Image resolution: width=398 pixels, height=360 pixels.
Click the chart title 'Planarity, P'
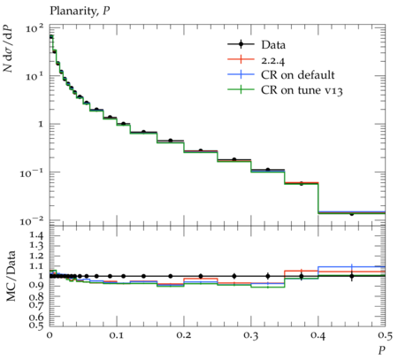[x=80, y=11]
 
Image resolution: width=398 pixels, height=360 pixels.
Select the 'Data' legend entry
[x=256, y=45]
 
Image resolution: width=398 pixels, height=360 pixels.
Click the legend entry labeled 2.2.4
[x=256, y=60]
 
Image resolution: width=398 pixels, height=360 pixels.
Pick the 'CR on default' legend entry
[x=281, y=75]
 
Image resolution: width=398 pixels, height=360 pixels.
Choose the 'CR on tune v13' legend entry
[x=285, y=90]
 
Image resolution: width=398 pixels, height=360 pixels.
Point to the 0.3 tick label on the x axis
[x=251, y=335]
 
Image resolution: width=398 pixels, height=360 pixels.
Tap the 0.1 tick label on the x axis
[x=117, y=335]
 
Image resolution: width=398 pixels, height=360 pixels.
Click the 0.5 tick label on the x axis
[x=385, y=335]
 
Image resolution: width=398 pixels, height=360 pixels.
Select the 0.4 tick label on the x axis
[x=318, y=335]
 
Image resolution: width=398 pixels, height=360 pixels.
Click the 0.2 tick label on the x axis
[x=184, y=335]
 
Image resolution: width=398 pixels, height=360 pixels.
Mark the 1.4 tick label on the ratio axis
[x=36, y=235]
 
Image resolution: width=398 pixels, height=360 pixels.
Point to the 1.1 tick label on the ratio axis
[x=36, y=266]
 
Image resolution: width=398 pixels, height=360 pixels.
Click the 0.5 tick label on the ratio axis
[x=36, y=325]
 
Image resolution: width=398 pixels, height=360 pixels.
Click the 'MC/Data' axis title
[x=11, y=276]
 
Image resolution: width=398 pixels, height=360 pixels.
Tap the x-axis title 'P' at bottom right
[x=382, y=350]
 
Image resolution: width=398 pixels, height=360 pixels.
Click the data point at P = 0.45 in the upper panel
[x=352, y=214]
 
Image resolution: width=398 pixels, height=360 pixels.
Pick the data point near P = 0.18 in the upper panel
[x=171, y=141]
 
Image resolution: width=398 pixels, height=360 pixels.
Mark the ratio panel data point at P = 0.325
[x=268, y=276]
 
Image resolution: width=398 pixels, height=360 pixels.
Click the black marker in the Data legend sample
[x=241, y=44]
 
